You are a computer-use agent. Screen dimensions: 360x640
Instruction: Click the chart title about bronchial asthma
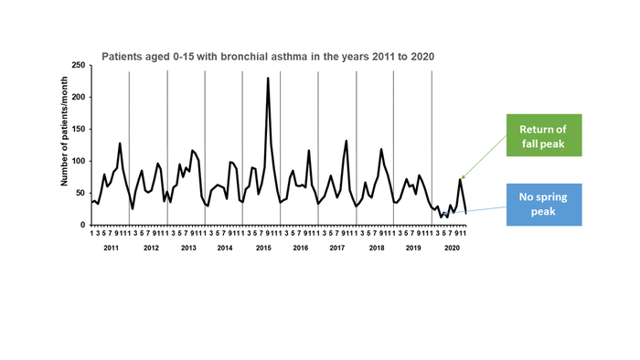click(267, 56)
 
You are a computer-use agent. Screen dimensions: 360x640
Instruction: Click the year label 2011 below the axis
click(111, 249)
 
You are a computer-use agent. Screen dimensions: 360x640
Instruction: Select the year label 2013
click(187, 249)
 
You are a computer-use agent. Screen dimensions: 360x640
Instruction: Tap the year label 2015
click(262, 249)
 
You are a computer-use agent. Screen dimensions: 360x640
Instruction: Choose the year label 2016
click(300, 249)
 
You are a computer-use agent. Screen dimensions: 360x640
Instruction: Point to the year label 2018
click(375, 249)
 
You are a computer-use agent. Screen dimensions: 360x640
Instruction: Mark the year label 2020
click(450, 249)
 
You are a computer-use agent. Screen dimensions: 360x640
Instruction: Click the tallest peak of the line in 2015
click(268, 79)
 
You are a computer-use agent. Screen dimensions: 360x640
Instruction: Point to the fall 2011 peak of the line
click(120, 143)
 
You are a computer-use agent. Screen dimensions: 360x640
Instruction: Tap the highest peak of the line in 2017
click(347, 141)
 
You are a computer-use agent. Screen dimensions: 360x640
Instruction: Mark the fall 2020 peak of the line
click(460, 179)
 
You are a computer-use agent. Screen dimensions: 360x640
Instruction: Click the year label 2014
click(225, 249)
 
